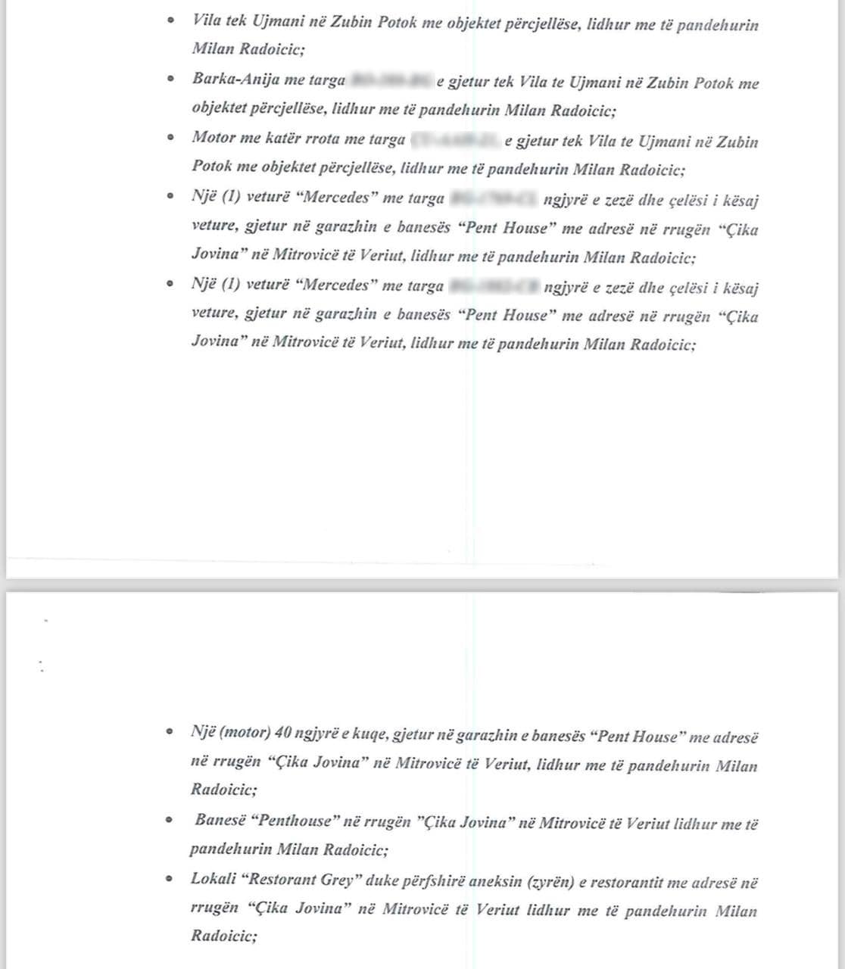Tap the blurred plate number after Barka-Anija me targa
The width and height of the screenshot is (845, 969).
391,80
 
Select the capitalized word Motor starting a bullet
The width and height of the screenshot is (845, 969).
214,138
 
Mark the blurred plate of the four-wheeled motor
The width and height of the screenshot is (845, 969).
455,140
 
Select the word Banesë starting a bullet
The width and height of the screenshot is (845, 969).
219,820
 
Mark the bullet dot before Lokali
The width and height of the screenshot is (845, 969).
170,879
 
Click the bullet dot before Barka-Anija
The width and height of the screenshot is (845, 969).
173,78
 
